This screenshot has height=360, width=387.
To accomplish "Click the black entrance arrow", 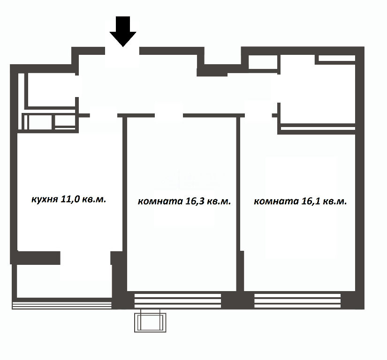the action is click(123, 31).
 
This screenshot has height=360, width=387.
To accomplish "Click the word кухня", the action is click(45, 199).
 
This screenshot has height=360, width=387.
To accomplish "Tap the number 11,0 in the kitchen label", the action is click(70, 199).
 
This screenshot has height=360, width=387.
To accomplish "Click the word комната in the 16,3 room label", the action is click(160, 202).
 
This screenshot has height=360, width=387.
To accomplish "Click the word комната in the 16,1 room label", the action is click(276, 202).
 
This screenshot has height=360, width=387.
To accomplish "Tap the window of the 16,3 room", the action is click(178, 300).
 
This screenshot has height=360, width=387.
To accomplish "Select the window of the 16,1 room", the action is click(297, 300).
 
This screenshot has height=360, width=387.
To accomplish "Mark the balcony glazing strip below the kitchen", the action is click(62, 306).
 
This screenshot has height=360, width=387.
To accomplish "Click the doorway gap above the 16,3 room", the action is click(169, 115).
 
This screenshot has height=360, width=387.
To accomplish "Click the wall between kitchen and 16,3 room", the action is click(125, 184).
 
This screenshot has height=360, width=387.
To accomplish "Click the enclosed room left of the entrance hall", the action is click(51, 90).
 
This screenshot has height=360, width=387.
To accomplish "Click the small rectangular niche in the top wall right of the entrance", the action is click(263, 62).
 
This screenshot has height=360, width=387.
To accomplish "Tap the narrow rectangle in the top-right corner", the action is click(337, 58).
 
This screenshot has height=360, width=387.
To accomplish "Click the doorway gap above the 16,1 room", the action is click(258, 115).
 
